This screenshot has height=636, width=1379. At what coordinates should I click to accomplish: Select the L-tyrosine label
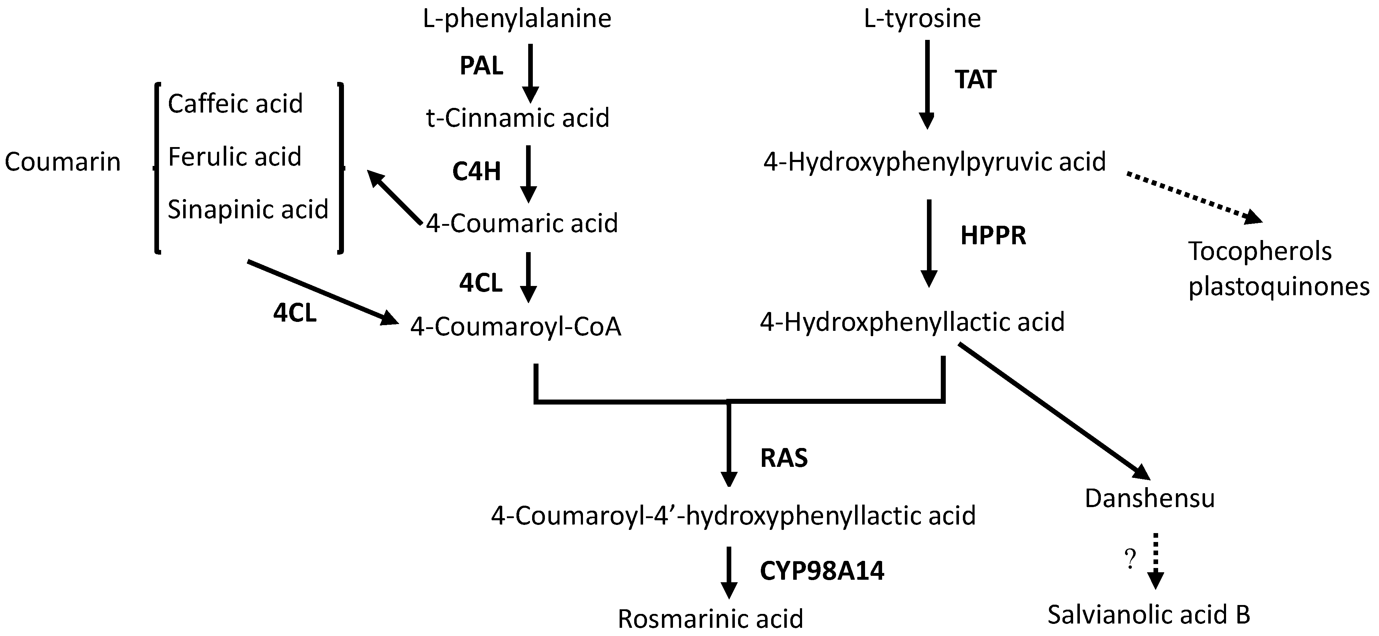(922, 19)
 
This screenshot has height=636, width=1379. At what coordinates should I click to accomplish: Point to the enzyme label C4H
(476, 171)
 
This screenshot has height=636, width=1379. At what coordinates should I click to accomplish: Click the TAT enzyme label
(975, 80)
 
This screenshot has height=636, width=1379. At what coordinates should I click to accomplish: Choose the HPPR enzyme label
(993, 236)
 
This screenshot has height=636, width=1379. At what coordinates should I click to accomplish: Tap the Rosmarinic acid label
(710, 619)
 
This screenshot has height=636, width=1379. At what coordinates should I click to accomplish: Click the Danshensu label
(1149, 498)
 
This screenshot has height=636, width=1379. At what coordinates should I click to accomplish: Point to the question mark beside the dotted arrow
(1130, 560)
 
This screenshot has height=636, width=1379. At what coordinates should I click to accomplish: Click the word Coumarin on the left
(63, 162)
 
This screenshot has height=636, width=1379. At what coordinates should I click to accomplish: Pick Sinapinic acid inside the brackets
(248, 209)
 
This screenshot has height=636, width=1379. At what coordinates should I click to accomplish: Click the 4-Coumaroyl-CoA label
(515, 326)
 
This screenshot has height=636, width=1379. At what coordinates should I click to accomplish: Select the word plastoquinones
(1278, 287)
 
